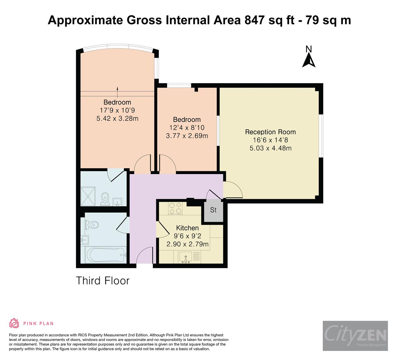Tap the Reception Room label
click(270, 132)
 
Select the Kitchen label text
click(187, 228)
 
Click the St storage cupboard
click(213, 210)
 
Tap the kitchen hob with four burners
click(175, 208)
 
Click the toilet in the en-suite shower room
click(105, 199)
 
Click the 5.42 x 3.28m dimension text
click(117, 118)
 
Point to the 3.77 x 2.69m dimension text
click(187, 136)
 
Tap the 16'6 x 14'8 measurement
click(270, 140)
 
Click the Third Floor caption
click(103, 280)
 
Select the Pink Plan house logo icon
click(14, 323)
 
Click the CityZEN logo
click(355, 336)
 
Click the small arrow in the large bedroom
click(118, 89)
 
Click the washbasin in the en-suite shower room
click(117, 202)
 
